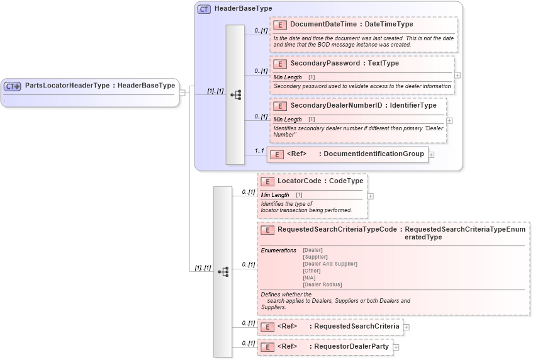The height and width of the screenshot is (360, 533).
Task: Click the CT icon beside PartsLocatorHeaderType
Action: tap(13, 86)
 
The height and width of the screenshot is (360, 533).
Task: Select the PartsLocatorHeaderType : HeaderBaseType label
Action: tap(100, 86)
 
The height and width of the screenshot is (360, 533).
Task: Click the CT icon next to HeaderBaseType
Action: tap(204, 9)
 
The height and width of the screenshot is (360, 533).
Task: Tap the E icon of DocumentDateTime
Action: tap(280, 25)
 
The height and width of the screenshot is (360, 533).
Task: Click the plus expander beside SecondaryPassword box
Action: tap(457, 75)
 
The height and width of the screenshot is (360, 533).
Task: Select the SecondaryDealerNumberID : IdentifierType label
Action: tap(363, 106)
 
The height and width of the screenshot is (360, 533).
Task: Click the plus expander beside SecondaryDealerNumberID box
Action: tap(449, 120)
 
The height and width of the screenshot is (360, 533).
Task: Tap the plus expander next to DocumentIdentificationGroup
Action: tap(431, 154)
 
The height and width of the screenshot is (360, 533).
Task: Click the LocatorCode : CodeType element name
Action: tap(320, 181)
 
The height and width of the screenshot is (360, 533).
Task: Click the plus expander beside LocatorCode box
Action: tap(370, 196)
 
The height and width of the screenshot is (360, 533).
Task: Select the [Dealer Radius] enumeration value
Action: tap(322, 284)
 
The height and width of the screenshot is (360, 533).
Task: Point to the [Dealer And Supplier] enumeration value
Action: tap(330, 264)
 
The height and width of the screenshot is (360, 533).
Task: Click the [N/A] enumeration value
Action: tap(309, 278)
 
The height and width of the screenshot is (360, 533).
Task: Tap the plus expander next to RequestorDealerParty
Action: tap(396, 347)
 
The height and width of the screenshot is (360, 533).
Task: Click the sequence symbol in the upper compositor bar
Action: tap(235, 95)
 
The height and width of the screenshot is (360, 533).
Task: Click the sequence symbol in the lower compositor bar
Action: tap(223, 272)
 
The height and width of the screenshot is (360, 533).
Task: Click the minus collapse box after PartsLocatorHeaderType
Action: tap(182, 93)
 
